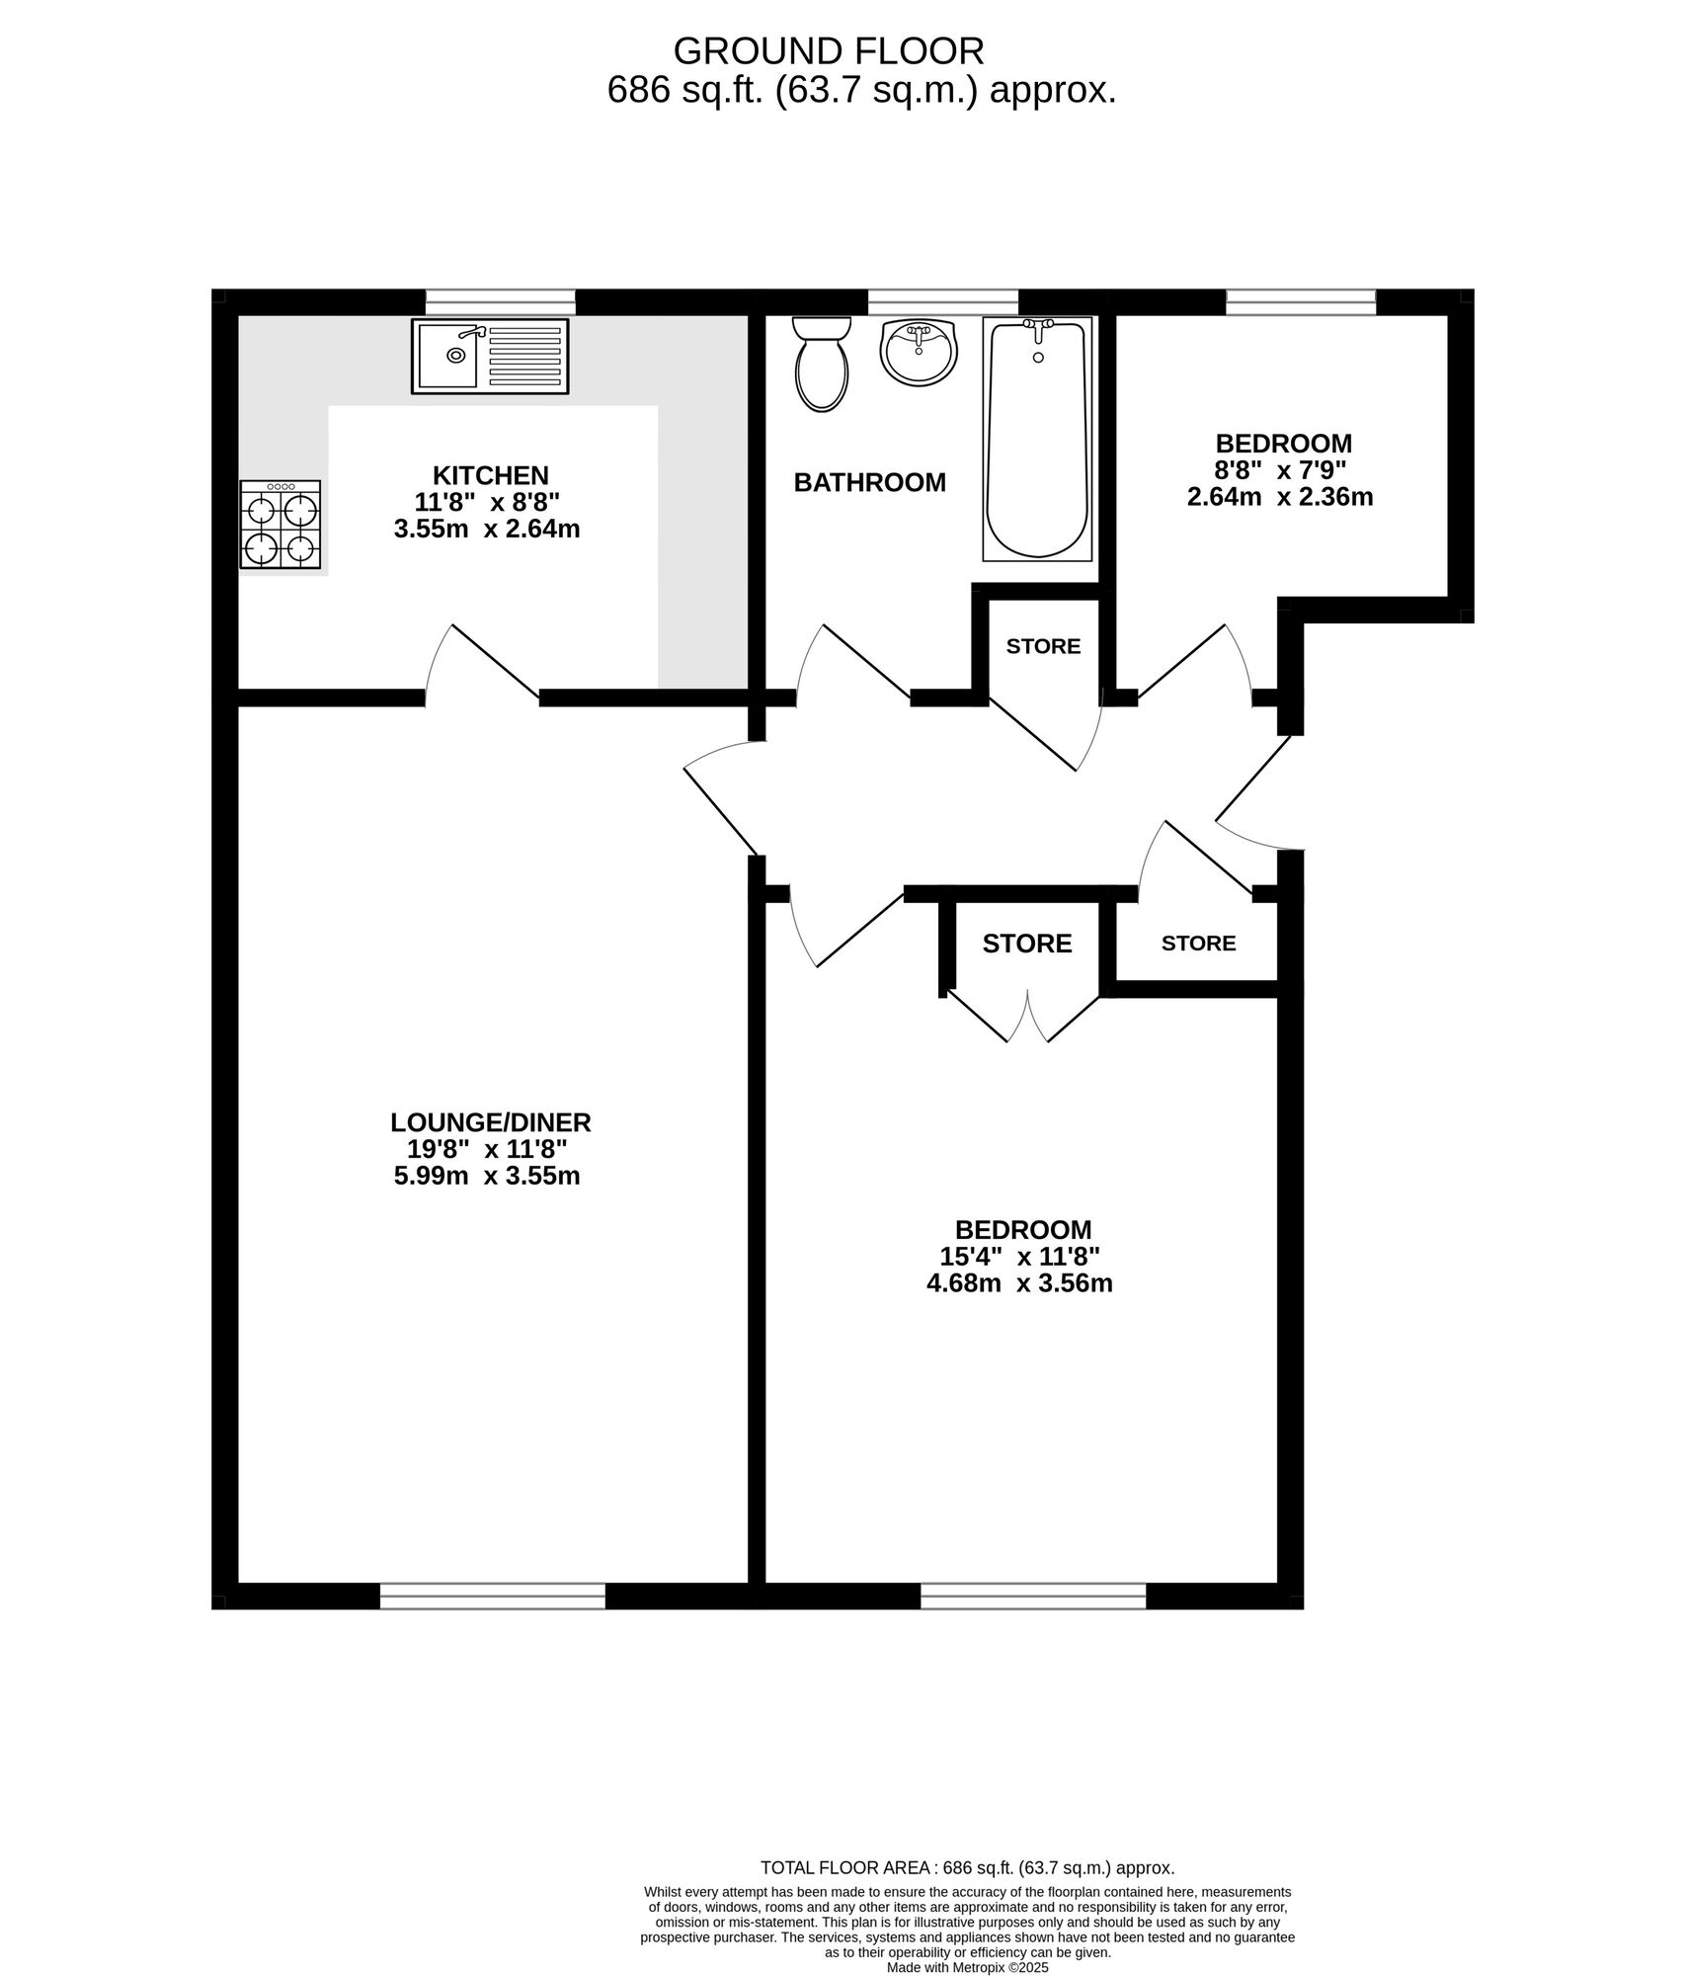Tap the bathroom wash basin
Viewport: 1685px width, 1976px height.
(919, 351)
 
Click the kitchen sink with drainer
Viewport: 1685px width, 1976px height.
(490, 356)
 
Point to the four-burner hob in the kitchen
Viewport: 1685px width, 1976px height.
(281, 525)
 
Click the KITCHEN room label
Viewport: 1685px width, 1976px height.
(490, 475)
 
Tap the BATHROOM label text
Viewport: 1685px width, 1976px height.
(869, 483)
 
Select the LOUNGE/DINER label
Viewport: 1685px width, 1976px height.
(490, 1122)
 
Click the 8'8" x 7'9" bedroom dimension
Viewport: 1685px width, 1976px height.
(1282, 470)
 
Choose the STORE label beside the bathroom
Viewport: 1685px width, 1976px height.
(1043, 646)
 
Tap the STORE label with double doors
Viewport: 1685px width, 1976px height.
(1026, 944)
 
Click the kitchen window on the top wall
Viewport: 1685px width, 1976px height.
(500, 301)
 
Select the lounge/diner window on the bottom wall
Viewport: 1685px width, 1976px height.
(492, 1597)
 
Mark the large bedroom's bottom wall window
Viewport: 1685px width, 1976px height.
(1033, 1597)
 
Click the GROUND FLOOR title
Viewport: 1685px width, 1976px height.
(828, 50)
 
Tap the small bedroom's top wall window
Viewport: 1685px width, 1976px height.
(1301, 301)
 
